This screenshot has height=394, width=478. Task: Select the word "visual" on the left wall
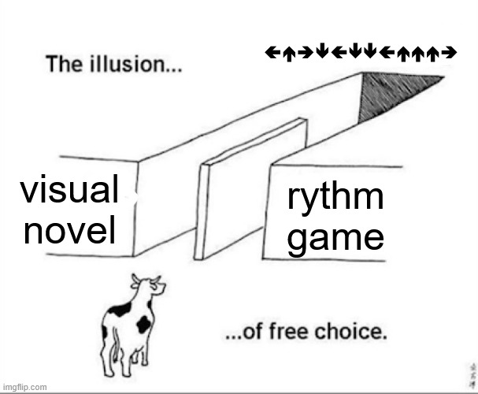coord(69,191)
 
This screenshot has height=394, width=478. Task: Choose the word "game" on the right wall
coord(335,236)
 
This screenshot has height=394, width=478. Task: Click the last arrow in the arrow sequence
coord(450,53)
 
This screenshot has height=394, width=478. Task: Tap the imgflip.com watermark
coord(25,387)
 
